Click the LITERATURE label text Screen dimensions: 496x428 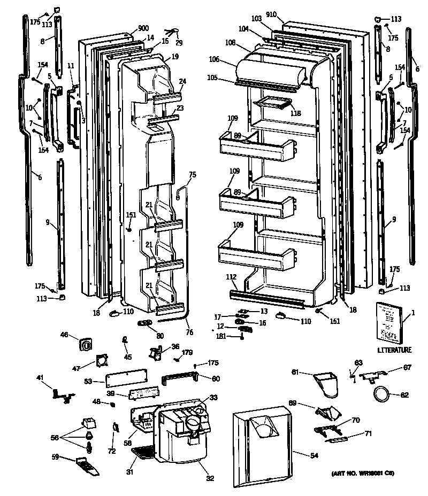pyautogui.click(x=394, y=350)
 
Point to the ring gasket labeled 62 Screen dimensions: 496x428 pyautogui.click(x=381, y=395)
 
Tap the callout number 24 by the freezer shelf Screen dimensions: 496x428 pyautogui.click(x=182, y=82)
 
